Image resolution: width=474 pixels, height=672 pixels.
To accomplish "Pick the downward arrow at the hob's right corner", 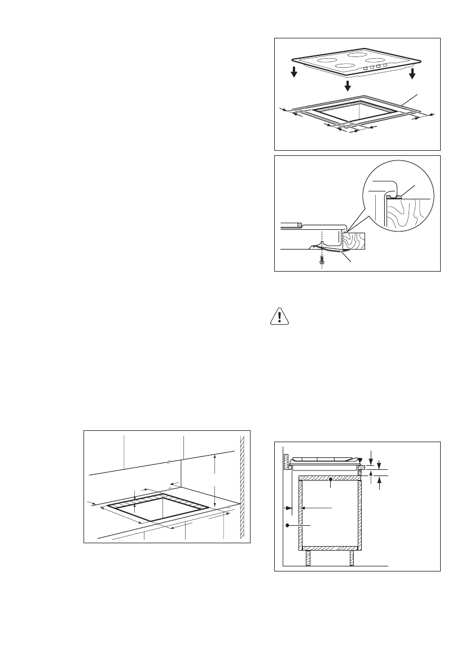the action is pos(412,75).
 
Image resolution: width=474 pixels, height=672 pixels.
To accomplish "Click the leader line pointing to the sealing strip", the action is pos(407,101).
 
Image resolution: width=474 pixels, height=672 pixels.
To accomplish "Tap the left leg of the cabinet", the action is pos(308,558).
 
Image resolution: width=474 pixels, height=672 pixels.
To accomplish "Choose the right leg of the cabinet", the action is pos(352,558).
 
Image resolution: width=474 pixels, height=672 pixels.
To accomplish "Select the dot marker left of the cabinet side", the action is pos(287,526).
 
